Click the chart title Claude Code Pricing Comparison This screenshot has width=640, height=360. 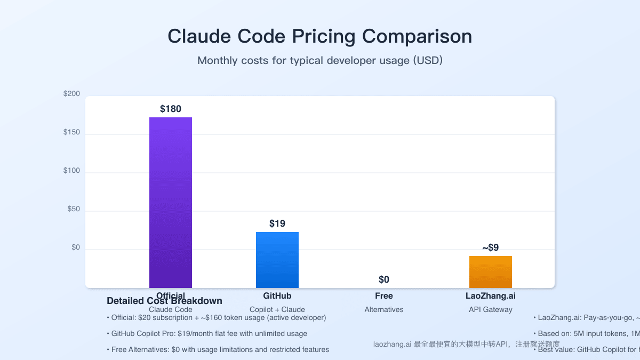point(319,36)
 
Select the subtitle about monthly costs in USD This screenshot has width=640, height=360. point(320,60)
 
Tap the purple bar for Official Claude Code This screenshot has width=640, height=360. point(171,203)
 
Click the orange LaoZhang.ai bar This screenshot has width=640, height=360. point(491,272)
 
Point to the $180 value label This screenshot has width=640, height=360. point(171,109)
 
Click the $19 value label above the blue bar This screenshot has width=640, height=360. point(277,223)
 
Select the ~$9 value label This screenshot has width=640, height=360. point(491,247)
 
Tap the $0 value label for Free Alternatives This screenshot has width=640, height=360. point(384,279)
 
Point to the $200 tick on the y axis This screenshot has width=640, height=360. point(71,94)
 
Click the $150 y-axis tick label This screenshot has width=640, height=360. point(71,132)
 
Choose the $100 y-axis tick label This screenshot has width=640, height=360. point(71,171)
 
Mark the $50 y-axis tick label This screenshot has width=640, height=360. point(74,209)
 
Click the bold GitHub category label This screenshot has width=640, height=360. point(277,295)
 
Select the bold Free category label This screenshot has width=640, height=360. point(384,295)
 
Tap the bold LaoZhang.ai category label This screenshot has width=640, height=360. point(491,295)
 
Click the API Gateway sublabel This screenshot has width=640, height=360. point(491,309)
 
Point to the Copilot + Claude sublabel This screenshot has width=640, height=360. point(277,309)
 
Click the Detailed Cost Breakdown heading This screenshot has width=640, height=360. point(164,301)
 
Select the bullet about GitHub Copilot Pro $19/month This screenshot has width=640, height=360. point(209,333)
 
